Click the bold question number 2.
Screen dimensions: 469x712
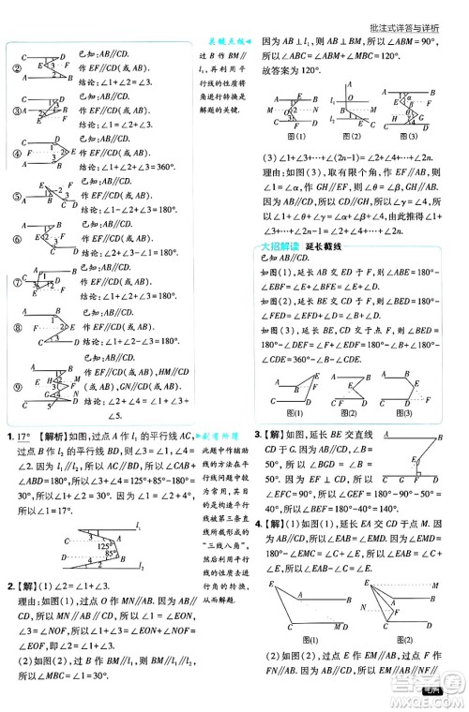9,589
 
